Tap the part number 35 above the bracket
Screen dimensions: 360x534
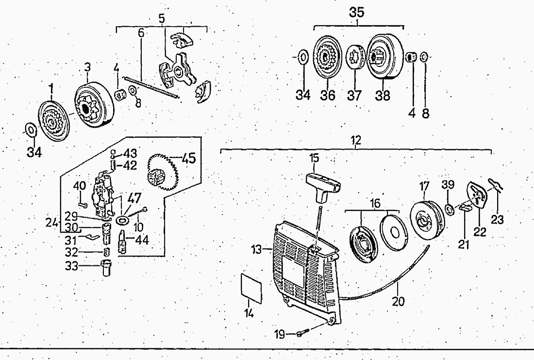point(356,13)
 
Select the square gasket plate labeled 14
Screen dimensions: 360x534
point(252,287)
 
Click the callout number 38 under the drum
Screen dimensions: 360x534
point(383,95)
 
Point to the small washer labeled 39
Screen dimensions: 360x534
point(449,209)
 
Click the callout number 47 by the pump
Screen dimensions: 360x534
point(134,199)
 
